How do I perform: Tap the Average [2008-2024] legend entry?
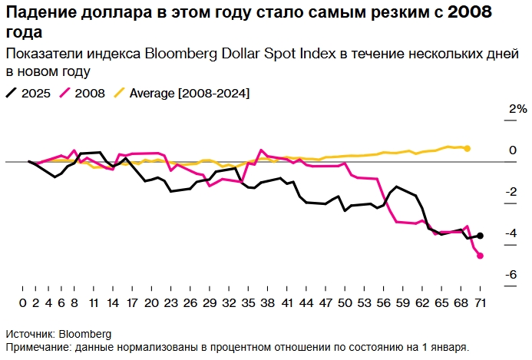click(180, 93)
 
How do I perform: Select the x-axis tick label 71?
click(481, 302)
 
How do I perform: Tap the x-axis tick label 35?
click(249, 302)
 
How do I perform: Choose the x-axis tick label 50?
click(345, 302)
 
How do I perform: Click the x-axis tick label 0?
click(24, 302)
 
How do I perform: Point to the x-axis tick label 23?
click(170, 302)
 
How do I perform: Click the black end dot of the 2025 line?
click(481, 236)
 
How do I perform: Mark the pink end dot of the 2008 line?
click(481, 256)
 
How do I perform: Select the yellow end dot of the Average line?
click(468, 148)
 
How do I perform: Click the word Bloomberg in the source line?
click(85, 334)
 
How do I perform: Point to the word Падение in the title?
click(39, 14)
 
